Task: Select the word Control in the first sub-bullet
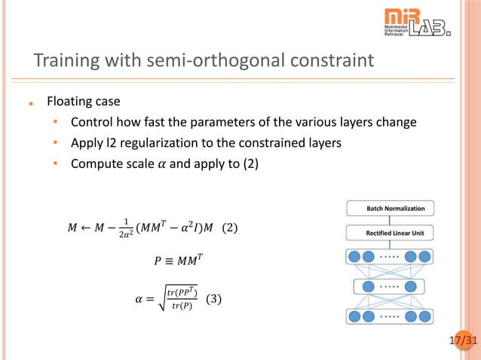pos(91,122)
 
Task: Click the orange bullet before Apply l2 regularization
pos(55,143)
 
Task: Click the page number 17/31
pos(463,341)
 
